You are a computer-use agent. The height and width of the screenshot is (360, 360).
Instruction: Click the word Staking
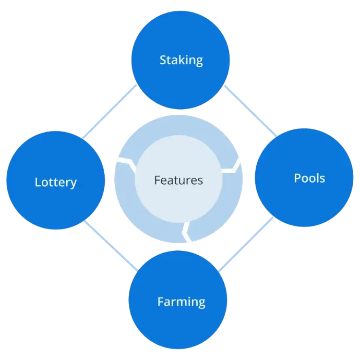(181, 60)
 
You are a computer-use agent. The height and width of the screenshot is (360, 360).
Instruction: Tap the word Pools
(309, 178)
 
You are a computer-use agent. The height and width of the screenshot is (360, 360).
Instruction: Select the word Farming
(181, 302)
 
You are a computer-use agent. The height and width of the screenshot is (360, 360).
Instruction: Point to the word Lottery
(55, 183)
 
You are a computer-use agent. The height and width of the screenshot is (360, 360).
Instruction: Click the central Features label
(178, 181)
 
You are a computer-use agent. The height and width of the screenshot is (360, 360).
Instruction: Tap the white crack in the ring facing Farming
(186, 232)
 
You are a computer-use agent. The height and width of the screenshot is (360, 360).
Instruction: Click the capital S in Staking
(163, 60)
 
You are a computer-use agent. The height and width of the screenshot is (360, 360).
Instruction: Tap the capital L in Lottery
(38, 183)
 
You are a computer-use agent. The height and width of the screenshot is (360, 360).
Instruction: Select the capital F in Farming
(160, 302)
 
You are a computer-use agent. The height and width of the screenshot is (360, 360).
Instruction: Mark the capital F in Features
(157, 181)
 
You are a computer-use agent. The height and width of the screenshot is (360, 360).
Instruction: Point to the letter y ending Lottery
(74, 184)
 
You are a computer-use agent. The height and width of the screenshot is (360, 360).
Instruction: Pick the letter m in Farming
(185, 302)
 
